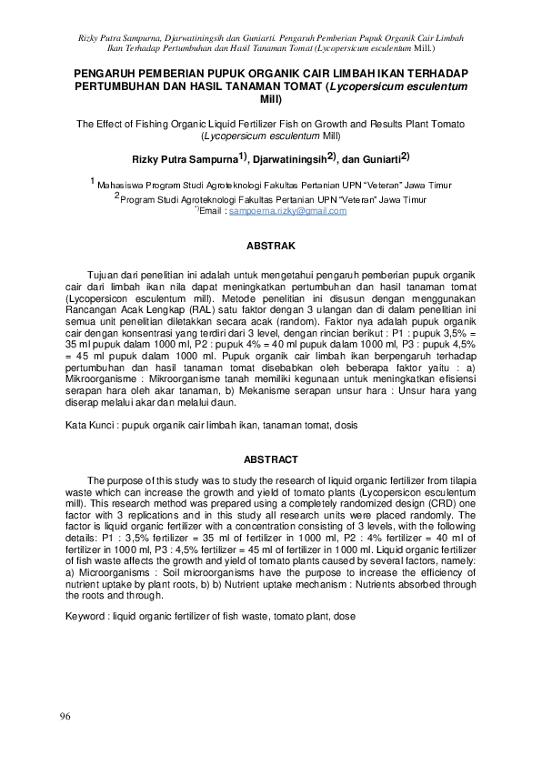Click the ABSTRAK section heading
(x=271, y=246)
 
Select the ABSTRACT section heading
(x=271, y=460)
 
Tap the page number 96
(x=64, y=718)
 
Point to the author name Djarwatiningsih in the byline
(x=286, y=158)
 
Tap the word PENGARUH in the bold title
(x=107, y=71)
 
